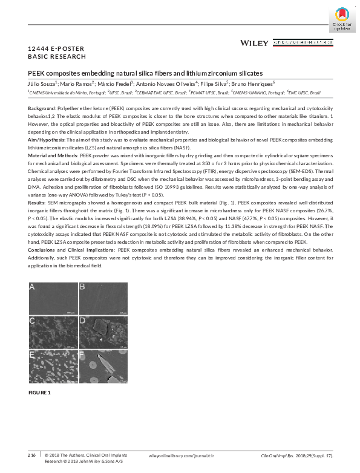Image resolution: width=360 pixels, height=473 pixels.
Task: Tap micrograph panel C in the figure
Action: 52,330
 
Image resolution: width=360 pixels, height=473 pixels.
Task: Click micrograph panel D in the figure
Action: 102,330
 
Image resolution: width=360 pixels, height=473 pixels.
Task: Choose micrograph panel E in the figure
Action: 52,365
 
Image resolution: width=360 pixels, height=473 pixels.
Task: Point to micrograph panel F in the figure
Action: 102,365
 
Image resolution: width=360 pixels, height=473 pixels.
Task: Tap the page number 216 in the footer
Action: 31,454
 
